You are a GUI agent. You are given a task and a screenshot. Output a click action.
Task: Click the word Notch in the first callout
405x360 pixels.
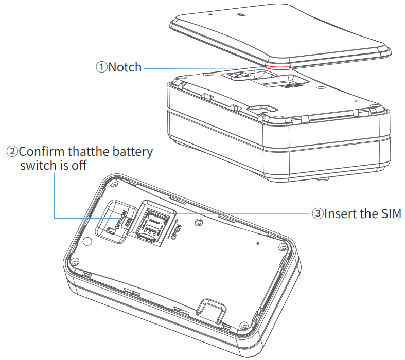click(125, 67)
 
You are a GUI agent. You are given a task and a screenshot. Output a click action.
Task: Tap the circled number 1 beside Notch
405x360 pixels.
click(101, 67)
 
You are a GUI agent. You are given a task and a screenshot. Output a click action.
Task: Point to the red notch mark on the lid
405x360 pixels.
click(278, 66)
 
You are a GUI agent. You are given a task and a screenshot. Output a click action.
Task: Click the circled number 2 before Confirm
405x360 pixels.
click(12, 152)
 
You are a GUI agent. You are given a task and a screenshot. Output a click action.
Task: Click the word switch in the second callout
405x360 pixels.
click(37, 166)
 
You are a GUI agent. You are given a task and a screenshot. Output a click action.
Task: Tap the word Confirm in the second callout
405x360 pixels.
click(43, 152)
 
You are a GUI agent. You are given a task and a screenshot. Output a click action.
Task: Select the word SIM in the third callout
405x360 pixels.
click(390, 213)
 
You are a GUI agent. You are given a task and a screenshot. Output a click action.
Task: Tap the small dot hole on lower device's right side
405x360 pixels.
click(257, 240)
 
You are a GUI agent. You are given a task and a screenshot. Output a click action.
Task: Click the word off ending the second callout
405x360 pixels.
click(79, 166)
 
